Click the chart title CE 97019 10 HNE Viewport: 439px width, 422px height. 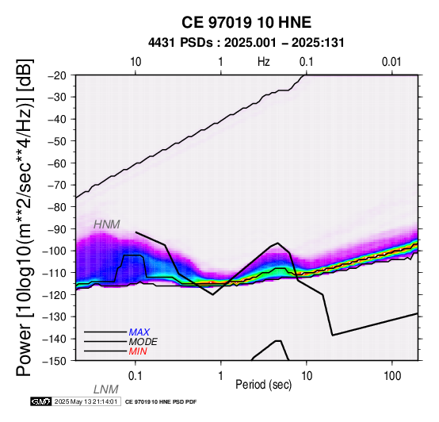(246, 22)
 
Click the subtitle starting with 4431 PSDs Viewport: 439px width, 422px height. (246, 43)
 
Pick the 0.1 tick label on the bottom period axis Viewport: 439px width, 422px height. (136, 376)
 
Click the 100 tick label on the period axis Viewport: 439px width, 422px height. (392, 376)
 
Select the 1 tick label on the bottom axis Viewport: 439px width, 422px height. (221, 376)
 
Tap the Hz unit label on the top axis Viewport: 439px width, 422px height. (264, 62)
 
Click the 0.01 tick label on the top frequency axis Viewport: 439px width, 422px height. (391, 62)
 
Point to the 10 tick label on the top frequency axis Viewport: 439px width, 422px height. (136, 62)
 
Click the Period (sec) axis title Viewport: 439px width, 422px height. (263, 385)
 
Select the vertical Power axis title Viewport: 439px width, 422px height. (25, 217)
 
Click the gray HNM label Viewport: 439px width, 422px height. (107, 224)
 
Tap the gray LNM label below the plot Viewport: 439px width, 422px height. (106, 389)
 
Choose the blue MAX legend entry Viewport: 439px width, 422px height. (139, 332)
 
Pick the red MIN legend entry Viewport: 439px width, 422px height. (138, 351)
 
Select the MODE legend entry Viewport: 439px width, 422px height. (143, 342)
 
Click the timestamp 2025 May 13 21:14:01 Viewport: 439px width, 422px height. (86, 402)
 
